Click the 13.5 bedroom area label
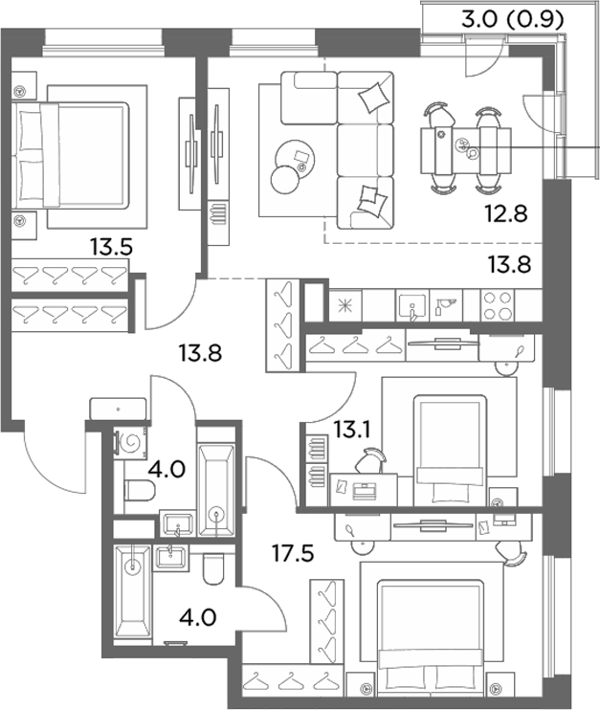coord(111,247)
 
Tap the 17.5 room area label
coord(293,553)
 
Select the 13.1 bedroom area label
coord(352,430)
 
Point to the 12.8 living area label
coord(506,213)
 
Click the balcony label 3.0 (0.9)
coord(513,19)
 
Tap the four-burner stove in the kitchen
coord(498,305)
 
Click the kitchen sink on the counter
coord(412,306)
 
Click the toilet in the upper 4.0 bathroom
coord(140,490)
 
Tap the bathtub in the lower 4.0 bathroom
coord(132,591)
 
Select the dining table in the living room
coord(466,150)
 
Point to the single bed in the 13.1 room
coord(450,451)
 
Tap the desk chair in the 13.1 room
coord(370,461)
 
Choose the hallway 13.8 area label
coord(200,353)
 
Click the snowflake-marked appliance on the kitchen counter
coord(345,305)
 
